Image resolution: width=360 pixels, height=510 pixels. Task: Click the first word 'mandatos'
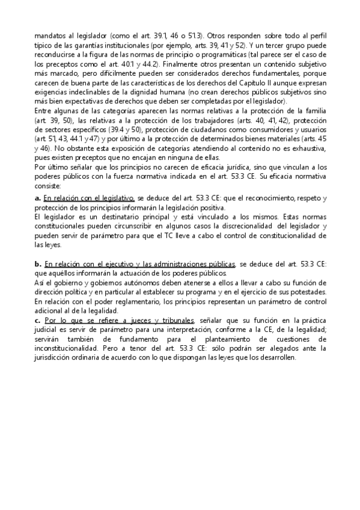coord(50,35)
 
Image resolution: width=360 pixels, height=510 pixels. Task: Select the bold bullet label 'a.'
coord(38,198)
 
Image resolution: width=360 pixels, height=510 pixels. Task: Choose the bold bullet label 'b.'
coord(38,264)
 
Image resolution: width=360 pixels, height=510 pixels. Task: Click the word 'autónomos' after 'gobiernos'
coord(129,282)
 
